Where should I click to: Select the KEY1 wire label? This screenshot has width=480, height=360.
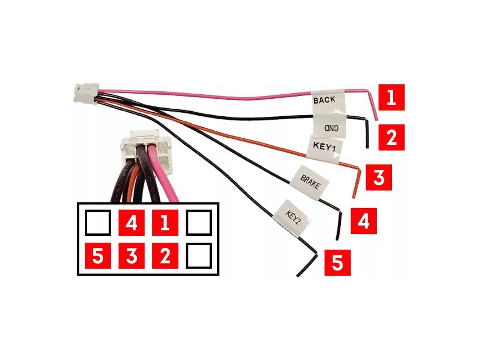[x=324, y=147]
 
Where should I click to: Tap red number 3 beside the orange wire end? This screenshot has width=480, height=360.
[x=379, y=177]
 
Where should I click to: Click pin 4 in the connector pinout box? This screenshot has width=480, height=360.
[x=131, y=223]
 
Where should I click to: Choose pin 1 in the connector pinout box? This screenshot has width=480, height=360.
[x=165, y=223]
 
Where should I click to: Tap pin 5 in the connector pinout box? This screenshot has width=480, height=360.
[x=98, y=256]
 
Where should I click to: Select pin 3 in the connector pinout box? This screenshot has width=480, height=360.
[x=131, y=256]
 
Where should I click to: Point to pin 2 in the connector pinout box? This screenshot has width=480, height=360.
[x=165, y=256]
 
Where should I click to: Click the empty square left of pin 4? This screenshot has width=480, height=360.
[x=98, y=223]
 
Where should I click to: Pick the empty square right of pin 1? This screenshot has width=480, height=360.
[x=198, y=223]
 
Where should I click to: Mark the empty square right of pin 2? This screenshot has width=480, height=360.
[x=198, y=256]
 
